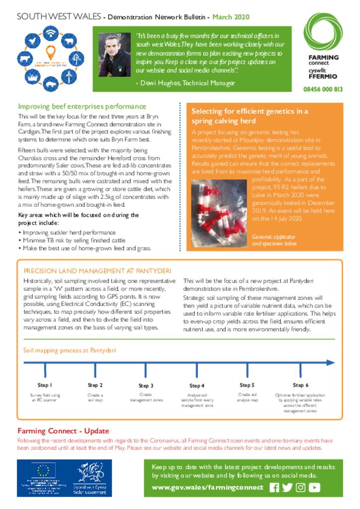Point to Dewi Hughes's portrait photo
point(114,55)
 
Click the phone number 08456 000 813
point(323,89)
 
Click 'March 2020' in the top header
point(231,17)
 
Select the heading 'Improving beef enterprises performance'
point(82,106)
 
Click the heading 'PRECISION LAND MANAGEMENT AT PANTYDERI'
point(97,271)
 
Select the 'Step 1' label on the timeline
point(45,385)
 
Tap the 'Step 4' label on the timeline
point(196,385)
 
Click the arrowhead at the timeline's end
point(330,363)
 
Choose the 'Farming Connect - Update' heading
point(63,430)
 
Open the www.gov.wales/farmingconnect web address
point(207,488)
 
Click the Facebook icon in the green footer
point(274,488)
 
